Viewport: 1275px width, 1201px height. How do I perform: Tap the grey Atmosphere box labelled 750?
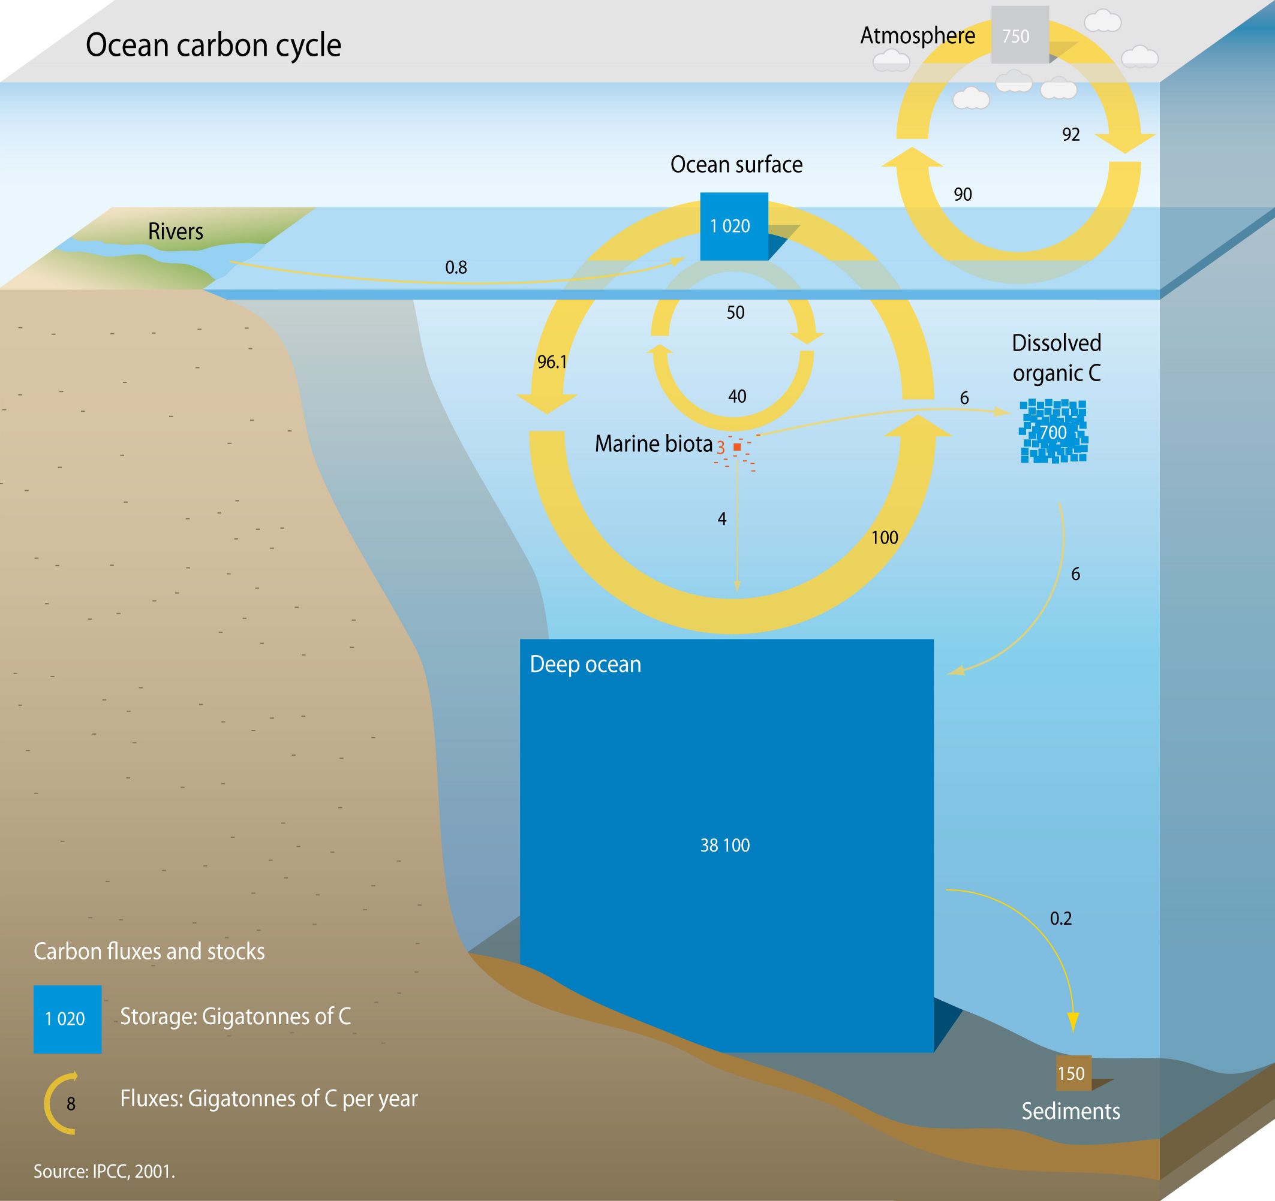coord(1020,35)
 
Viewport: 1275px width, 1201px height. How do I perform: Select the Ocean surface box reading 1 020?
coord(733,226)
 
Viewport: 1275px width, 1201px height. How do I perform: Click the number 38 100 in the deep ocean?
coord(724,845)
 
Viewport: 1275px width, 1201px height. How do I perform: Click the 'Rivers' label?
coord(175,231)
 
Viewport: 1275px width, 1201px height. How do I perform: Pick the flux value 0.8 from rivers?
coord(456,267)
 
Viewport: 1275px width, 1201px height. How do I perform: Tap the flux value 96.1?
coord(552,362)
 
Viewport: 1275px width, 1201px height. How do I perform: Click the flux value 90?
coord(963,194)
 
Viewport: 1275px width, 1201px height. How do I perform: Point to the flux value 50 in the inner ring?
coord(735,313)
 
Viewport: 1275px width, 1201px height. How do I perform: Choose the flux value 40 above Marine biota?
coord(737,397)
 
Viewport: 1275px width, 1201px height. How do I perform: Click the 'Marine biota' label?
coord(654,444)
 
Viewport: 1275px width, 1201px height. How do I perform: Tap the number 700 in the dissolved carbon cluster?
coord(1053,433)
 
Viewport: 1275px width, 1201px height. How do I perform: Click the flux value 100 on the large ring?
coord(885,538)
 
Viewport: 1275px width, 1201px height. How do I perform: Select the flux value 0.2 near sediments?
coord(1061,918)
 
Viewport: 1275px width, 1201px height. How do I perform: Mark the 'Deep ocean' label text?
coord(585,665)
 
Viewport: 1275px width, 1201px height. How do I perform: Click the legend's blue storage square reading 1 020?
coord(67,1019)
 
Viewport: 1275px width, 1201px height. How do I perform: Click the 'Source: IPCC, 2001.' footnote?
coord(104,1172)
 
